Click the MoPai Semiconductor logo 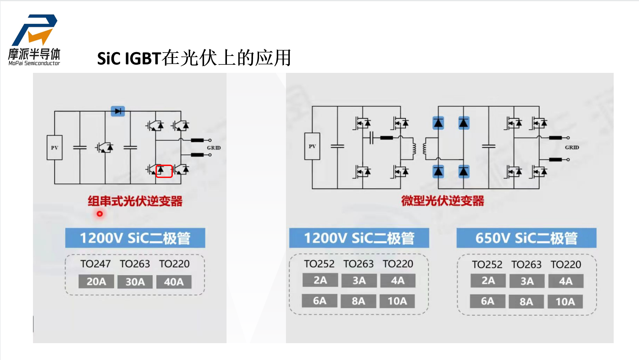pos(34,40)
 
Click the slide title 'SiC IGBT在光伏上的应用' pos(194,58)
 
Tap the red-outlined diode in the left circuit pos(164,171)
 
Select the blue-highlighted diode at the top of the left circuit pos(118,111)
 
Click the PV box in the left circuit pos(54,148)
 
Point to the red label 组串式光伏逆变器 pos(135,201)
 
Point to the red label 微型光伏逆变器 pos(442,201)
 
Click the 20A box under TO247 pos(96,282)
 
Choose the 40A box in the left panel pos(174,282)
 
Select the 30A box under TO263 pos(135,282)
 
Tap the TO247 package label pos(95,264)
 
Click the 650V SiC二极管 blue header pos(526,238)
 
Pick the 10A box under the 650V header pos(565,302)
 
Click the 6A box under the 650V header pos(488,301)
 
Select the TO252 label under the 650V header pos(487,265)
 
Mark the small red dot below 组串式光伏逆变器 pos(100,214)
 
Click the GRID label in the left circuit pos(214,148)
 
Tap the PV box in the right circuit pos(312,146)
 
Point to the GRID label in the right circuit pos(572,147)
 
